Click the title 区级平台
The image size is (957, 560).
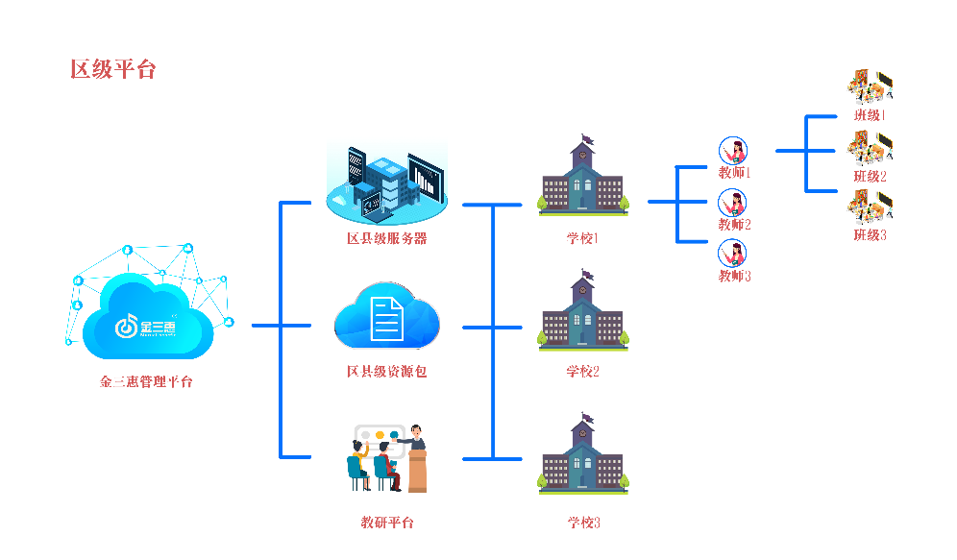[112, 69]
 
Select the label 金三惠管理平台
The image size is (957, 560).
[146, 381]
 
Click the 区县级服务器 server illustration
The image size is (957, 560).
[387, 179]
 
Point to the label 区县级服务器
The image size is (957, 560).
[386, 238]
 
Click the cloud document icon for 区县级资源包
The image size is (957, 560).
[386, 317]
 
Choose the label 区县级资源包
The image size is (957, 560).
[386, 371]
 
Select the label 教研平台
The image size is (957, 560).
[386, 523]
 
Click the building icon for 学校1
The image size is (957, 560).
[583, 179]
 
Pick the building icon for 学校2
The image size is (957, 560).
[583, 312]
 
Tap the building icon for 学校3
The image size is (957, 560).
[583, 457]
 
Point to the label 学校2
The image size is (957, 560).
[583, 371]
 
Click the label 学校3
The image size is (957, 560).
[583, 523]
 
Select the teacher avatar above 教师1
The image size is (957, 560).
[733, 151]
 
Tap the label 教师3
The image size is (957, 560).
[734, 276]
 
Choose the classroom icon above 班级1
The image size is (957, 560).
[871, 87]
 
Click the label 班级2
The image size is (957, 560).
[871, 176]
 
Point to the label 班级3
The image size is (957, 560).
[871, 234]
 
